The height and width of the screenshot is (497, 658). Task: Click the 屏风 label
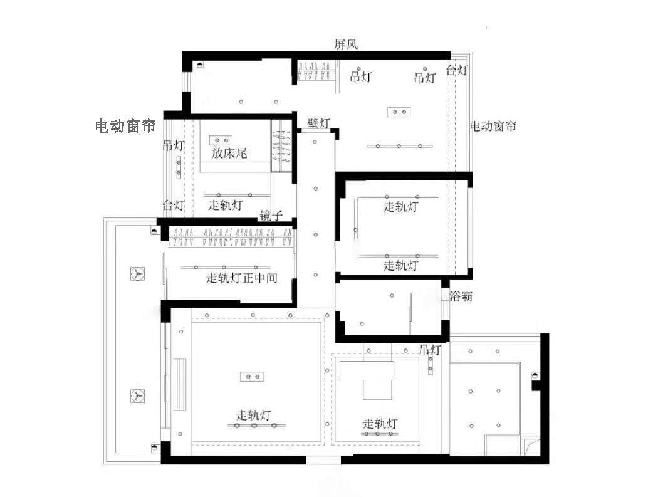[x=346, y=44]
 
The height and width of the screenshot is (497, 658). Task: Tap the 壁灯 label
[x=318, y=123]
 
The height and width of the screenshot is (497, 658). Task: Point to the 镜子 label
[x=271, y=216]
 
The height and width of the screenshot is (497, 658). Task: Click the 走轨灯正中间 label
[x=242, y=278]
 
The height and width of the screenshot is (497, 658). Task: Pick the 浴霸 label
[x=461, y=296]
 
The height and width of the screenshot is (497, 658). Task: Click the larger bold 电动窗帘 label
[x=125, y=127]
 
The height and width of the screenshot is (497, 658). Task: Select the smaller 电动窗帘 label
[x=493, y=126]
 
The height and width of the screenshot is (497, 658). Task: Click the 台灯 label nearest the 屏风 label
[x=457, y=71]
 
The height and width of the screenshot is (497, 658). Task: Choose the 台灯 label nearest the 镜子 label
[x=174, y=205]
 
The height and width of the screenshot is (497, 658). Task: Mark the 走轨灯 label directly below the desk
[x=380, y=424]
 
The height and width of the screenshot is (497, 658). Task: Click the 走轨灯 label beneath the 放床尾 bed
[x=226, y=205]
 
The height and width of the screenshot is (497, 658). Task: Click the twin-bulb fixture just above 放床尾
[x=221, y=139]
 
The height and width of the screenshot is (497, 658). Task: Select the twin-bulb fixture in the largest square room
[x=252, y=376]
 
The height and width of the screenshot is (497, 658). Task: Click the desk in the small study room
[x=367, y=370]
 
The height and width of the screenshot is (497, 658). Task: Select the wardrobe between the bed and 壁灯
[x=281, y=145]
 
